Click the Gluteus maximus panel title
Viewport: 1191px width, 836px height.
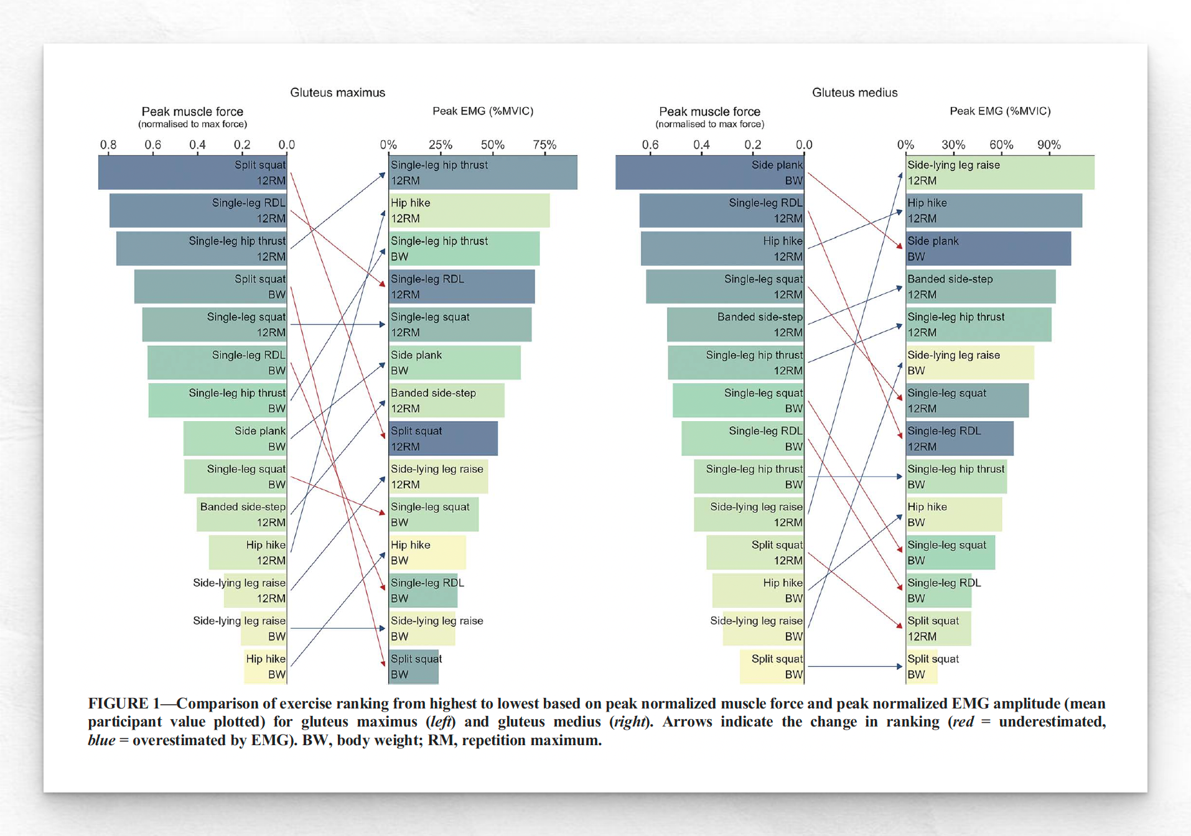[x=337, y=93]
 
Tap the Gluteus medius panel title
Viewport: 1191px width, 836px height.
[x=854, y=93]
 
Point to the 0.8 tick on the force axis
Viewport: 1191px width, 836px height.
[x=108, y=145]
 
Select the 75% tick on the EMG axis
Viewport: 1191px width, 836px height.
[x=544, y=145]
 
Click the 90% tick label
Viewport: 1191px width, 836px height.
[x=1049, y=145]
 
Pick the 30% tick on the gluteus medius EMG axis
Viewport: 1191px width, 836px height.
[x=953, y=145]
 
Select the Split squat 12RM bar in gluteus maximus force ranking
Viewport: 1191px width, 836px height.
[x=192, y=173]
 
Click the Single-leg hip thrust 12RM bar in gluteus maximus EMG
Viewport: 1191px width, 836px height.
[x=483, y=173]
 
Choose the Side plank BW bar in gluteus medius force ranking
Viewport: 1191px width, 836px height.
[x=709, y=173]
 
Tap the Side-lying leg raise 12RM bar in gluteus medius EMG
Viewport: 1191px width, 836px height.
[x=999, y=173]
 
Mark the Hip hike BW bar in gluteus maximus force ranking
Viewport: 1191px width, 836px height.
[x=266, y=666]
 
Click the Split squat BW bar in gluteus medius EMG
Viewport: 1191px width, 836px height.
[x=922, y=666]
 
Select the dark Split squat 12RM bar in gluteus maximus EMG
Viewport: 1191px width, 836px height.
[x=443, y=439]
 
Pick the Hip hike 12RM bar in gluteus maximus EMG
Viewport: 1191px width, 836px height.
[x=469, y=211]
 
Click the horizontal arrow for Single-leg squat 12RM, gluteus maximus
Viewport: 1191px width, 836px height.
[x=337, y=325]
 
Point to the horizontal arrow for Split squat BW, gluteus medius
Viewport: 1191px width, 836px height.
[x=854, y=666]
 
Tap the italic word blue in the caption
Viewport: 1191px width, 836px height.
[x=101, y=740]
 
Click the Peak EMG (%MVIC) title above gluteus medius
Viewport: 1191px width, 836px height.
[x=999, y=111]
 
